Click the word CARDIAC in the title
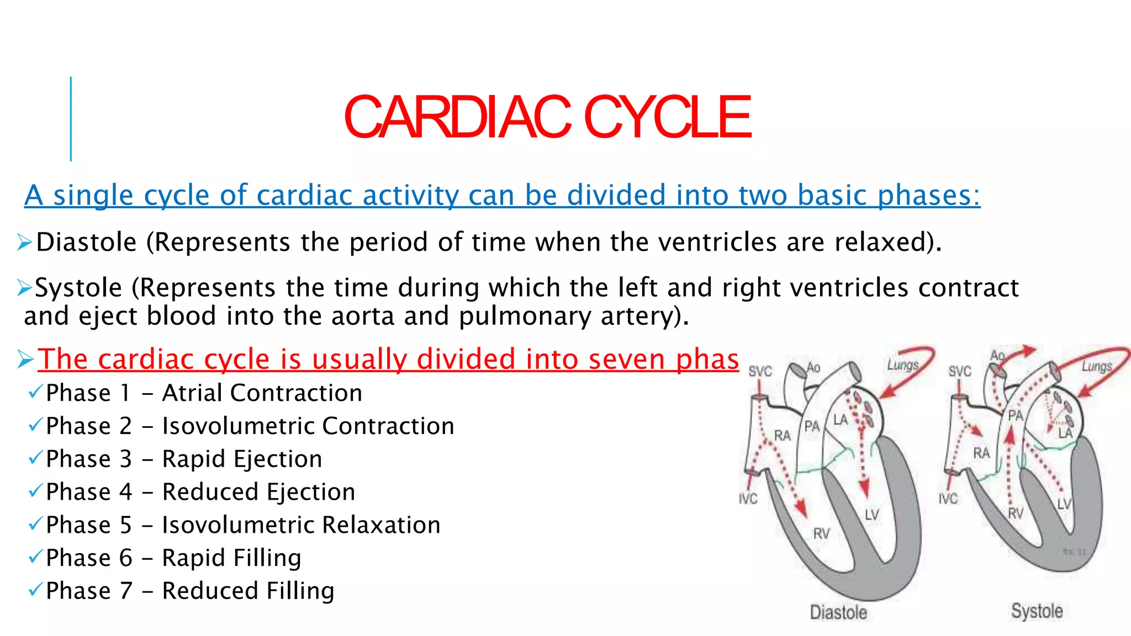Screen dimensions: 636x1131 click(x=457, y=117)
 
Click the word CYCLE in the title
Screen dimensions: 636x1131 click(x=667, y=117)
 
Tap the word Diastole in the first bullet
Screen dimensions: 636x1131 click(x=86, y=242)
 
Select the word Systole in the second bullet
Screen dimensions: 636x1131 click(x=78, y=288)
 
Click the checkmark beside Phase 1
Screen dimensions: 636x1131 click(x=35, y=392)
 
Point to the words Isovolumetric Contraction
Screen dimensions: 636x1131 click(x=308, y=426)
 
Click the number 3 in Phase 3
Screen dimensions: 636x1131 click(x=126, y=459)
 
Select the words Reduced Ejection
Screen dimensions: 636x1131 click(x=258, y=492)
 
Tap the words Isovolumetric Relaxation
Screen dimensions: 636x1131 click(x=301, y=525)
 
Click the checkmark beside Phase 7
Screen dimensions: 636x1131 click(x=35, y=590)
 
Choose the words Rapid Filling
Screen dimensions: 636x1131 click(x=231, y=558)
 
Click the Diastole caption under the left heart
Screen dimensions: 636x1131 click(x=838, y=612)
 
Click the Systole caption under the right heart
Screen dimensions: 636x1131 click(x=1037, y=611)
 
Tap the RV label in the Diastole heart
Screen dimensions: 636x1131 click(x=821, y=534)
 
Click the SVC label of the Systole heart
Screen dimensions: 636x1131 click(x=959, y=372)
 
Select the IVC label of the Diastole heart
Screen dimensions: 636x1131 click(x=748, y=499)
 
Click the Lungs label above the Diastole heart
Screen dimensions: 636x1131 click(x=902, y=365)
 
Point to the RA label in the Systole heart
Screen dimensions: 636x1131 click(x=981, y=453)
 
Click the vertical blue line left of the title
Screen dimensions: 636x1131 click(x=71, y=119)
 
